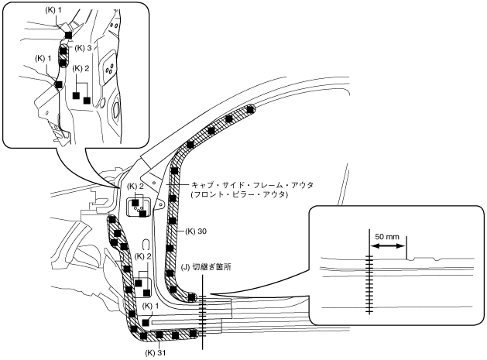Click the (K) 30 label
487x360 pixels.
[195, 231]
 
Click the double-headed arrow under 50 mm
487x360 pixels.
[388, 246]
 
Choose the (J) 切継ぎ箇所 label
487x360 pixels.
[206, 267]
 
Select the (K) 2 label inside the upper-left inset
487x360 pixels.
[82, 68]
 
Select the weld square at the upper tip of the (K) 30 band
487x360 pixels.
[250, 110]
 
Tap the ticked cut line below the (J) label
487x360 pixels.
[203, 314]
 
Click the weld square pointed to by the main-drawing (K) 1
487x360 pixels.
[146, 321]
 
